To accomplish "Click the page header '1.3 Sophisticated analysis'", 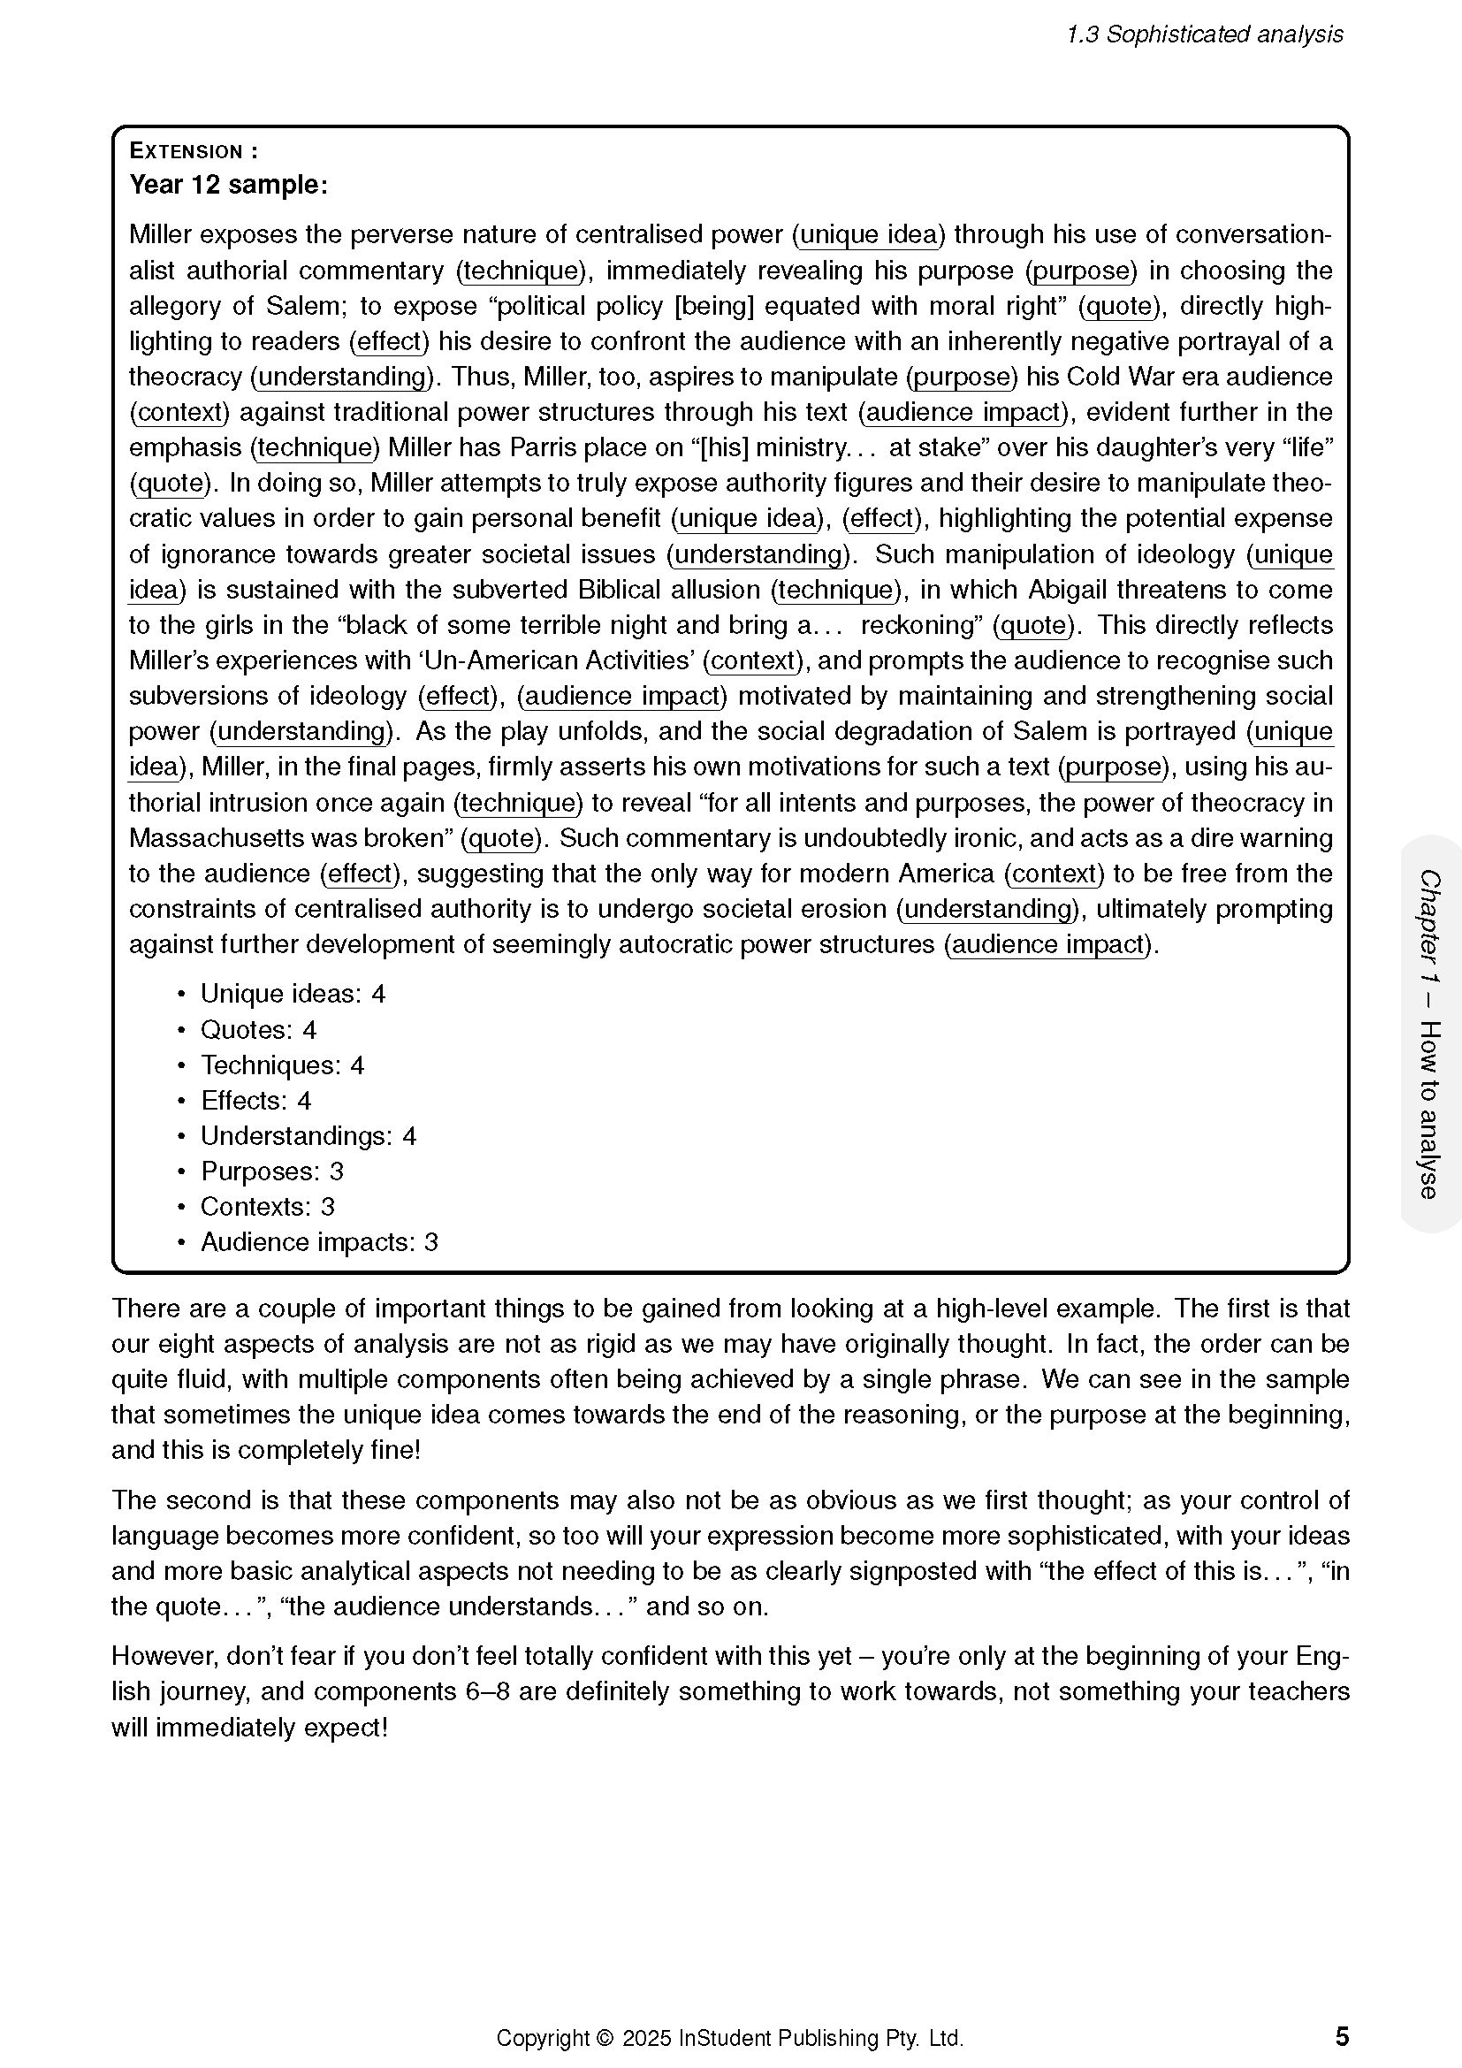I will [1204, 34].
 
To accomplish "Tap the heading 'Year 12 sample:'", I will [229, 185].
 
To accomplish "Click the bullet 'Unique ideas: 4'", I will [293, 994].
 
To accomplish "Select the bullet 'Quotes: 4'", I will [258, 1029].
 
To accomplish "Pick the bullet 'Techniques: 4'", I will [282, 1065].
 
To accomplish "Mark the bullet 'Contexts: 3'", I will [267, 1206].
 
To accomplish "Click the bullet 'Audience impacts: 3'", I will [319, 1242].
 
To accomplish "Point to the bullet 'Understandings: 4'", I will [308, 1136].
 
